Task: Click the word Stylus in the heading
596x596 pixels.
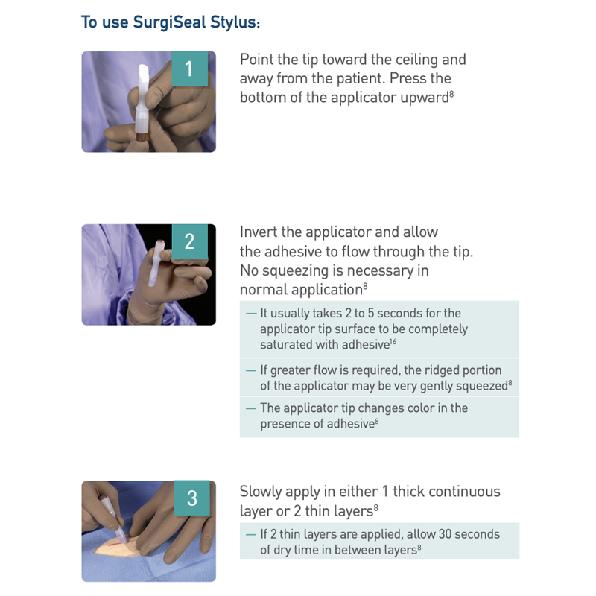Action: (x=233, y=22)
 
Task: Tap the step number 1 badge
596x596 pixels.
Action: (x=189, y=69)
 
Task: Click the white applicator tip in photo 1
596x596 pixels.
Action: (x=142, y=82)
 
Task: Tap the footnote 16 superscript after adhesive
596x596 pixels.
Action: (x=393, y=341)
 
